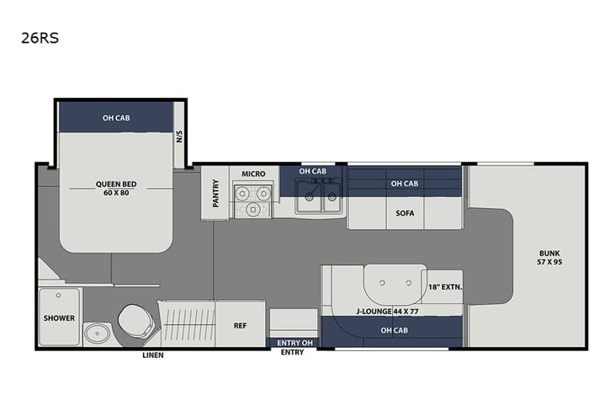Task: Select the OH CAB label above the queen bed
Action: [x=116, y=117]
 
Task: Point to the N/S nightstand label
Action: [x=179, y=136]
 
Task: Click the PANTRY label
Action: [x=215, y=192]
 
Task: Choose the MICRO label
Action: [x=253, y=174]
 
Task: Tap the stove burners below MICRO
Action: [x=253, y=201]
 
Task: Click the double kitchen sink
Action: [x=319, y=199]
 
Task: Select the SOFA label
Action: [x=405, y=213]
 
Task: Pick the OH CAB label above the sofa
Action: [x=405, y=184]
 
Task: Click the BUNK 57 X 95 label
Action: [x=549, y=257]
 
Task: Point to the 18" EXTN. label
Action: [x=445, y=286]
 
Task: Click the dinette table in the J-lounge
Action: [x=393, y=280]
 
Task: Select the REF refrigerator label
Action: [x=239, y=323]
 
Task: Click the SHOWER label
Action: [x=59, y=318]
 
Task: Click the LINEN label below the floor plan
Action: [x=152, y=355]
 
